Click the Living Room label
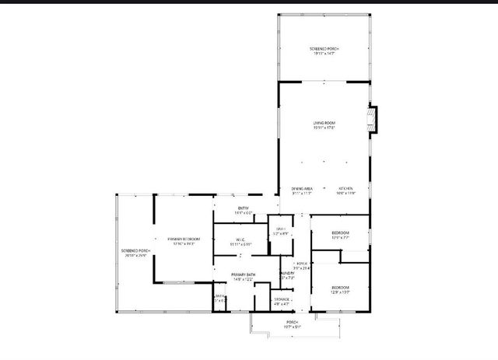point(324,123)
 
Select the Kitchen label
point(346,188)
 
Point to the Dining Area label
point(302,188)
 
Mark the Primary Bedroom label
point(185,238)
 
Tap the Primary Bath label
point(243,274)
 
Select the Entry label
point(242,208)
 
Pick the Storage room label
point(282,299)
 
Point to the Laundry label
point(286,274)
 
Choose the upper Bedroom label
point(340,232)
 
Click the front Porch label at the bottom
point(292,322)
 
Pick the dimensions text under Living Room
point(324,128)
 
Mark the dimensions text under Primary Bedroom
point(185,243)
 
